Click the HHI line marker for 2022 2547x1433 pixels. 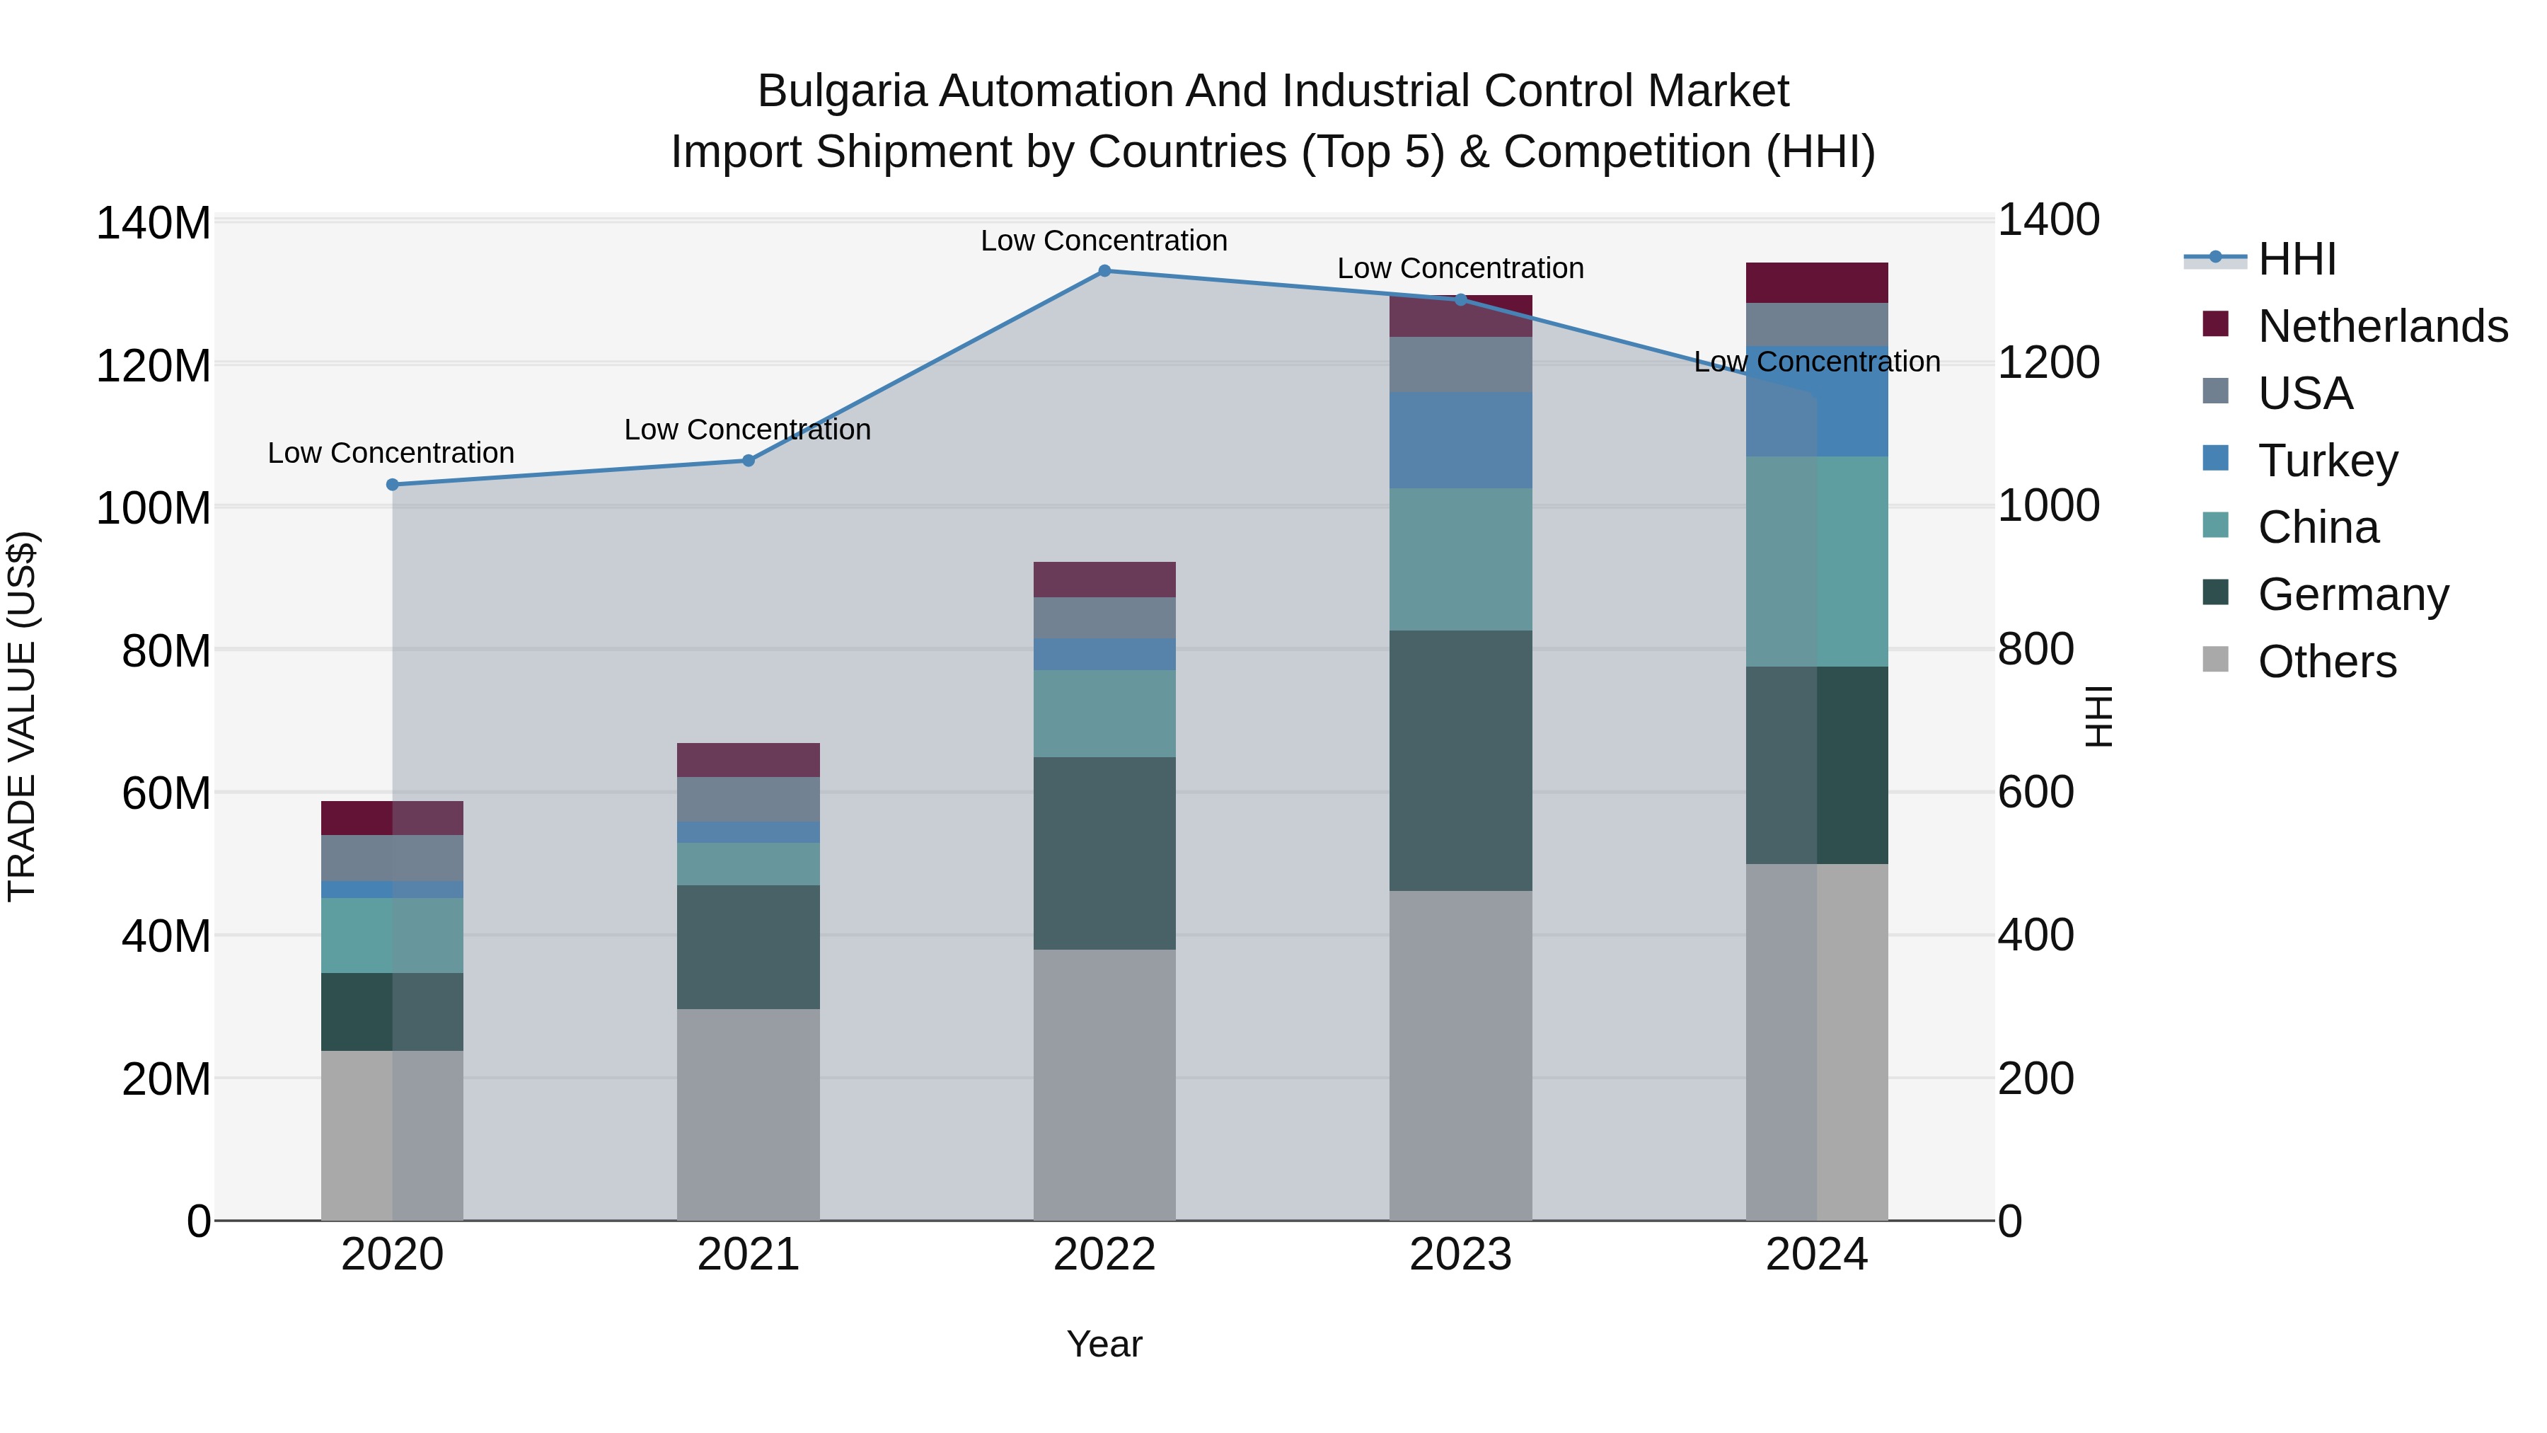pyautogui.click(x=1104, y=270)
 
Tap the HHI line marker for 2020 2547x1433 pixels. pyautogui.click(x=393, y=485)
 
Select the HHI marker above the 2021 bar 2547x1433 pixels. pyautogui.click(x=749, y=460)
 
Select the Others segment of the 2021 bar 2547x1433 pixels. pyautogui.click(x=749, y=1114)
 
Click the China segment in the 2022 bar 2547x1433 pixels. pyautogui.click(x=1104, y=713)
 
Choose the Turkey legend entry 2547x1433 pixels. pyautogui.click(x=2328, y=460)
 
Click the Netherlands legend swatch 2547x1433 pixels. pyautogui.click(x=2216, y=324)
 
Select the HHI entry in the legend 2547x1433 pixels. pyautogui.click(x=2297, y=259)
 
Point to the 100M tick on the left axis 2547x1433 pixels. pyautogui.click(x=154, y=508)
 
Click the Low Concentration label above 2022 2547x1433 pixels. pyautogui.click(x=1104, y=241)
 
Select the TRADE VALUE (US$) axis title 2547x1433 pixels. pyautogui.click(x=22, y=716)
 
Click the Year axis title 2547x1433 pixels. pyautogui.click(x=1104, y=1344)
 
